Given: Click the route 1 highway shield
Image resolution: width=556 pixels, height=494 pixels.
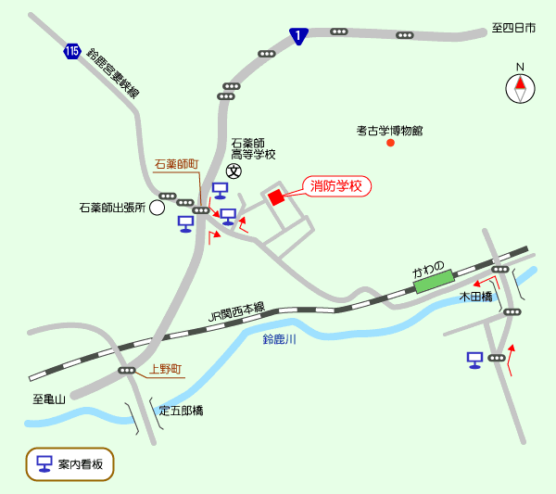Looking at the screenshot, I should [297, 36].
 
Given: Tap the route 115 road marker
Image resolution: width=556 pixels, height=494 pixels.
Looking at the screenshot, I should [73, 51].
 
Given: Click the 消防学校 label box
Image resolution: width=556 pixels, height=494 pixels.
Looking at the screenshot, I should [338, 186].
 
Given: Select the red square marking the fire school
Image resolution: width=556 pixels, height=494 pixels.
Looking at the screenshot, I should [275, 197].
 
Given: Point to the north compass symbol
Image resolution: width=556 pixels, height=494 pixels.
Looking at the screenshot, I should [520, 87].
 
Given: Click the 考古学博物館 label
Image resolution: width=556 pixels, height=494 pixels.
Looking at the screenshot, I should [389, 130].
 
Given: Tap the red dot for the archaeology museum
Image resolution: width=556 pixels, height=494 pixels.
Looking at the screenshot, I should [390, 143].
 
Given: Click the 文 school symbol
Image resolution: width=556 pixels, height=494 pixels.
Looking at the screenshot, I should [234, 171].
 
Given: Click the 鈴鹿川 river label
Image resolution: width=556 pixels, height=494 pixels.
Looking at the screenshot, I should [279, 340].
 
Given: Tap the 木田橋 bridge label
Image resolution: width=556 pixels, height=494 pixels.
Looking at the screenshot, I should [475, 297].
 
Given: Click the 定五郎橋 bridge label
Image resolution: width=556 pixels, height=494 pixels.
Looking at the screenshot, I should [181, 410].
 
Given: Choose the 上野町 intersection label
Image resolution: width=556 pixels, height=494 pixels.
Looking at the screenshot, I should [166, 369].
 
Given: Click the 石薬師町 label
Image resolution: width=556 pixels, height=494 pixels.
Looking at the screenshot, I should [176, 164].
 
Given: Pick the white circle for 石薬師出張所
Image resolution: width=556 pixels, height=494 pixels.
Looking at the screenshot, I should [158, 209].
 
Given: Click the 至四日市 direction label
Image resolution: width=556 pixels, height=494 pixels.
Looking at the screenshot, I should [513, 29].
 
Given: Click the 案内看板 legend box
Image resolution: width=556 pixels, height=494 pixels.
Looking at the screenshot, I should [69, 463].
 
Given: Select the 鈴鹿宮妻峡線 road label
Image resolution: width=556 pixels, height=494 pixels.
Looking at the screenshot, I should [113, 74].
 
